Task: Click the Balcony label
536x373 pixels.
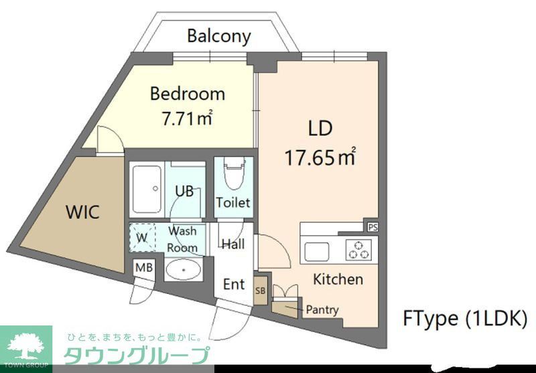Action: [x=218, y=35]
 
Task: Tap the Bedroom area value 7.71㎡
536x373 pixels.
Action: [x=187, y=119]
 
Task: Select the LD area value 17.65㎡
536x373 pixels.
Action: [x=320, y=158]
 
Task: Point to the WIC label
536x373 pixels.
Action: [x=82, y=213]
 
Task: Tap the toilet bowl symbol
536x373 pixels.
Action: [x=233, y=175]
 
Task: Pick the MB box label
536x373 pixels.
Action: [x=143, y=268]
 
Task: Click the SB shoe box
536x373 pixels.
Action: [x=260, y=290]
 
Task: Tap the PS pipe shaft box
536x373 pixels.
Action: [x=373, y=226]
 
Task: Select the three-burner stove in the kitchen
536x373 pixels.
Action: [x=358, y=250]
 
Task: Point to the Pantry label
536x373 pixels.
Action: [x=322, y=310]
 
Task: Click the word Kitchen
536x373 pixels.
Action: [x=338, y=279]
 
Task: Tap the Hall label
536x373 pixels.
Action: [x=232, y=244]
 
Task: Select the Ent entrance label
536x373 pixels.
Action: [x=234, y=284]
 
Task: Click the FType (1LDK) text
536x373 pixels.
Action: [x=464, y=318]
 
